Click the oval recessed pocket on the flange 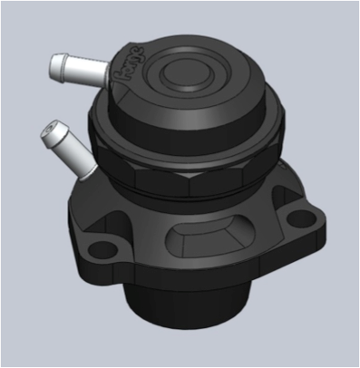[203, 239]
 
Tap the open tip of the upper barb [51, 63]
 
